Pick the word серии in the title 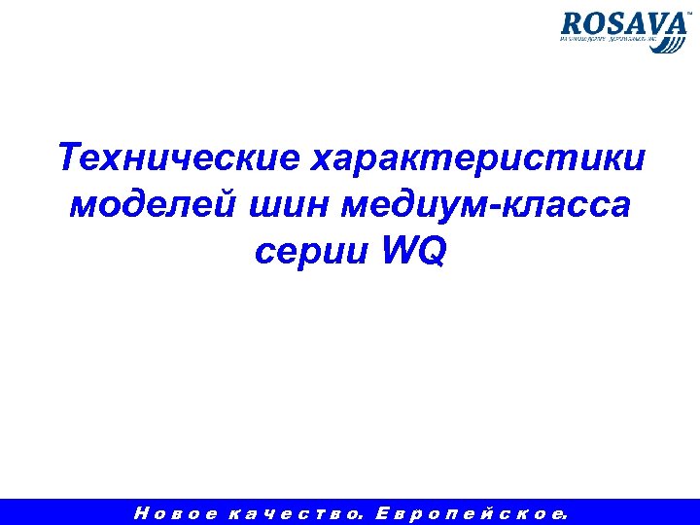[x=312, y=252]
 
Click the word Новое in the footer [x=176, y=511]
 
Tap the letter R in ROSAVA [x=573, y=24]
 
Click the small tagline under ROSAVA [x=608, y=42]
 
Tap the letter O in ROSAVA [x=594, y=24]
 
